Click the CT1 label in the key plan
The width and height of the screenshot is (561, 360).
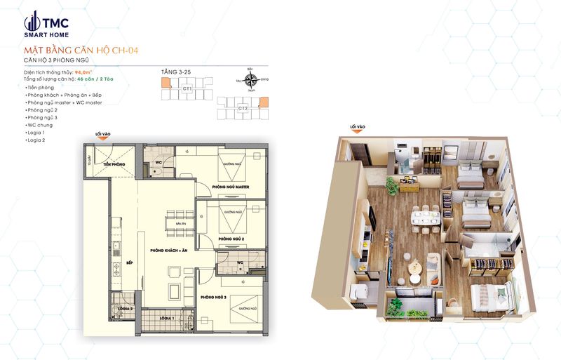coord(187,90)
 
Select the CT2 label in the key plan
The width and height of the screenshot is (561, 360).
coord(242,108)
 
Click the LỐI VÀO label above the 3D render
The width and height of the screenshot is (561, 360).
coord(357,127)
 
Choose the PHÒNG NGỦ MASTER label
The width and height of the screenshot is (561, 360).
coord(231,187)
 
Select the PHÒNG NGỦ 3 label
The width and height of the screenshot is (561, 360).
coord(212,298)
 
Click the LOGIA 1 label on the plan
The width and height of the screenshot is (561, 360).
coord(166,318)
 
